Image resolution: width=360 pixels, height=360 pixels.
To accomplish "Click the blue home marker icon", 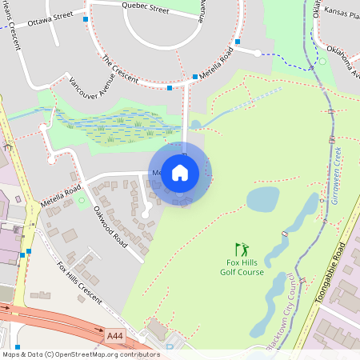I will pyautogui.click(x=179, y=171).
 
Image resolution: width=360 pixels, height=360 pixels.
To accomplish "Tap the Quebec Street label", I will pyautogui.click(x=145, y=10).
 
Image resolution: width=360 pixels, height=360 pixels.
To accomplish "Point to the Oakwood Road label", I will pyautogui.click(x=111, y=227).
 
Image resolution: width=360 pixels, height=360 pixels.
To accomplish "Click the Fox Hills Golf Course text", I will pyautogui.click(x=242, y=267).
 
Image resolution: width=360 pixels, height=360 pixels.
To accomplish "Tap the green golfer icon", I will pyautogui.click(x=242, y=250).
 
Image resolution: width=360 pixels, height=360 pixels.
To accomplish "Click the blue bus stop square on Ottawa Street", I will pyautogui.click(x=86, y=18).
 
